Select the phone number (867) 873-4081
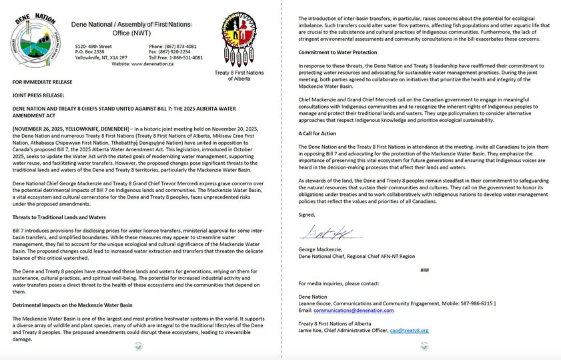click(177, 46)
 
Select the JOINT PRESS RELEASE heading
click(37, 95)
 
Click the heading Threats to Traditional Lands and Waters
click(59, 217)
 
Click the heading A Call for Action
click(318, 134)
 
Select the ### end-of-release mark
click(424, 270)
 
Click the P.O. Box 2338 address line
click(89, 52)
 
